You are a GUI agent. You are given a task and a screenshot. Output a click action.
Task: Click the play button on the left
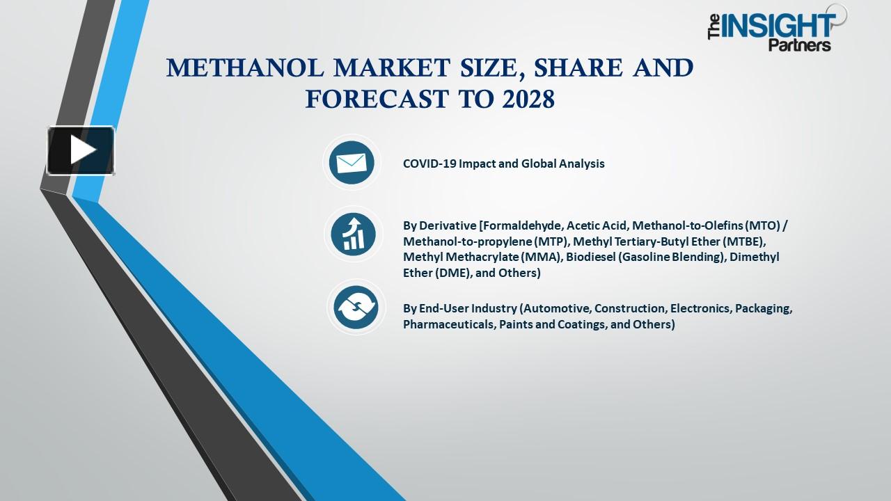tap(81, 150)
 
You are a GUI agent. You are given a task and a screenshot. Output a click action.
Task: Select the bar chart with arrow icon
tap(353, 234)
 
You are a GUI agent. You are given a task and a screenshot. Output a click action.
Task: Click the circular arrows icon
tap(356, 307)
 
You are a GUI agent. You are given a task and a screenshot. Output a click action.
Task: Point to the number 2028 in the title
tap(528, 100)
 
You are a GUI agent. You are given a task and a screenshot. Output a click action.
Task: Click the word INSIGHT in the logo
tap(778, 26)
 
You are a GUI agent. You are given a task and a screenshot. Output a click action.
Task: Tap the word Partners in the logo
tap(800, 45)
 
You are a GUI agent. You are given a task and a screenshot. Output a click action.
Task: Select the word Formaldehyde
tap(522, 225)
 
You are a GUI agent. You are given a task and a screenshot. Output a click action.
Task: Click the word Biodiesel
tap(590, 257)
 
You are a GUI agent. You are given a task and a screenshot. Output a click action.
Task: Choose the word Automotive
tap(555, 309)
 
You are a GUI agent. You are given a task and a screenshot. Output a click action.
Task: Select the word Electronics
tap(700, 309)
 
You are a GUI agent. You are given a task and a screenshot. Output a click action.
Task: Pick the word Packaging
tap(763, 309)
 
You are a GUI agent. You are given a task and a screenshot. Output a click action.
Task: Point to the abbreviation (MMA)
tap(542, 257)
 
